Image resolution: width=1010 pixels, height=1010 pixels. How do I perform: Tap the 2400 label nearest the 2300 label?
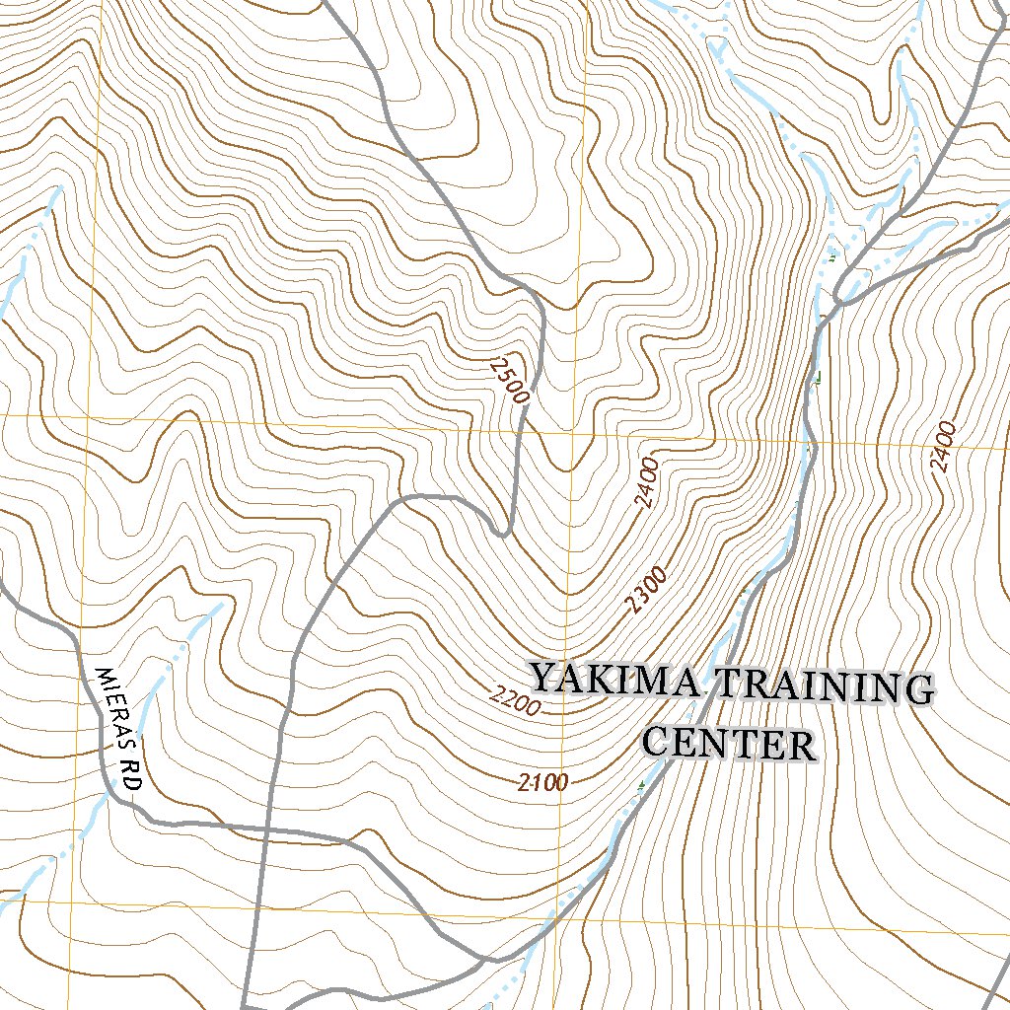point(646,483)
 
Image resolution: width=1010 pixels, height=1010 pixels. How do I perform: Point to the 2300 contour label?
point(647,591)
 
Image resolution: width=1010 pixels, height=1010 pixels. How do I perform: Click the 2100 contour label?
point(541,783)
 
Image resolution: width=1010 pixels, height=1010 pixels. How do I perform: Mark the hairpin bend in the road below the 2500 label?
point(503,533)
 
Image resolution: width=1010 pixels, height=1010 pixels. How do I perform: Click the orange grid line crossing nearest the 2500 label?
point(576,432)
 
